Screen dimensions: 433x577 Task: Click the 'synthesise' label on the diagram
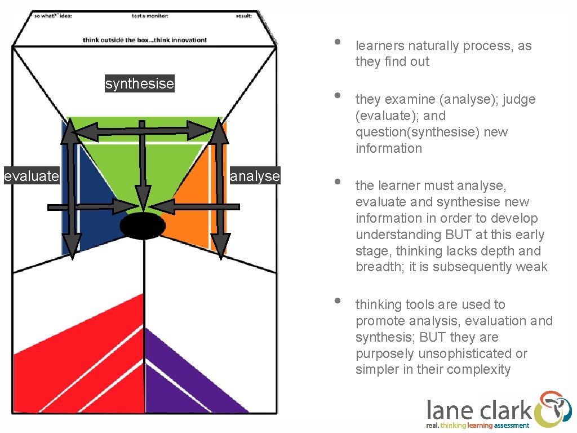pyautogui.click(x=140, y=84)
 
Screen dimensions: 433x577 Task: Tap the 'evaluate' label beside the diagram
pyautogui.click(x=31, y=176)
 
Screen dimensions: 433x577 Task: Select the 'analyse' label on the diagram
pyautogui.click(x=255, y=176)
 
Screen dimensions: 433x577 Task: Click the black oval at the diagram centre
pyautogui.click(x=143, y=226)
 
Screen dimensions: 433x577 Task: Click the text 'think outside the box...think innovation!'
pyautogui.click(x=145, y=40)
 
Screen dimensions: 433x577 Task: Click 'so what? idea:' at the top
pyautogui.click(x=53, y=16)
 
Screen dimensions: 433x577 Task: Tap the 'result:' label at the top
pyautogui.click(x=243, y=16)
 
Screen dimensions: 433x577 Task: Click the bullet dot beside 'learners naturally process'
pyautogui.click(x=336, y=42)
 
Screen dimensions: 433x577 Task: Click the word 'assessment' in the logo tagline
pyautogui.click(x=512, y=426)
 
